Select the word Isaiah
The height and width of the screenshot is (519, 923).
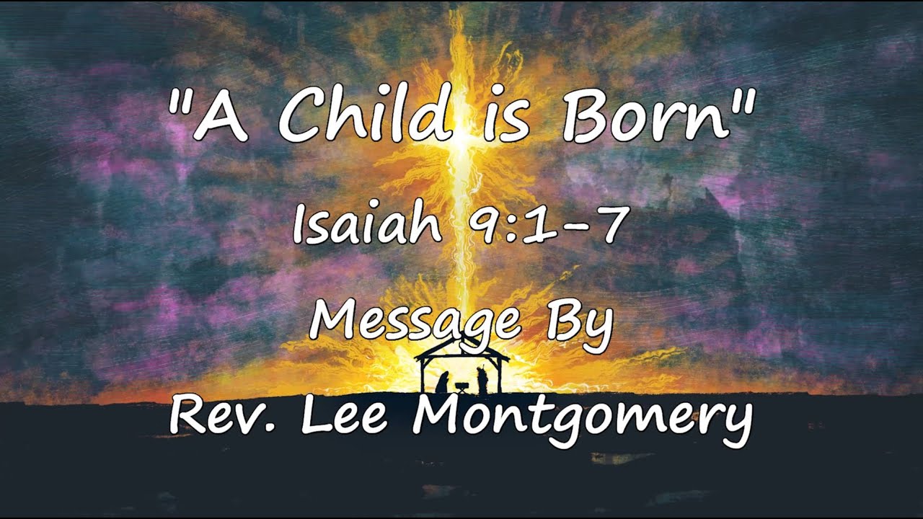point(368,225)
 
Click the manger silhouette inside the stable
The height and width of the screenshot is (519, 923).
point(462,387)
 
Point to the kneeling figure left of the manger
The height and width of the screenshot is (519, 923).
point(442,382)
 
